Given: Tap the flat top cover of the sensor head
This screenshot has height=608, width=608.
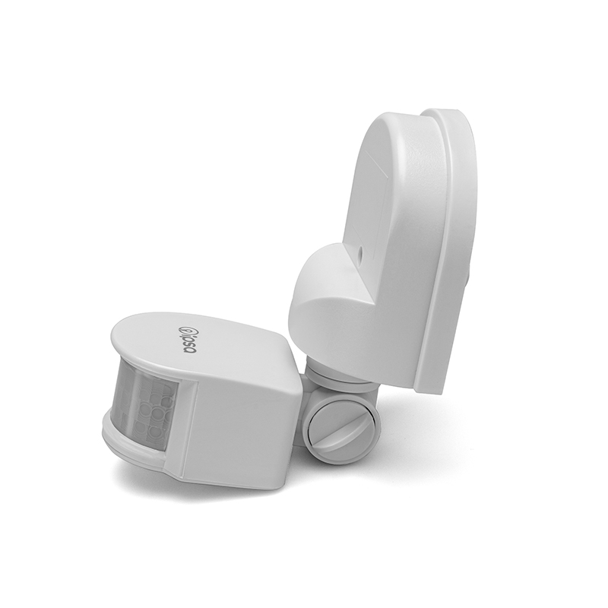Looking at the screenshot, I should [198, 334].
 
